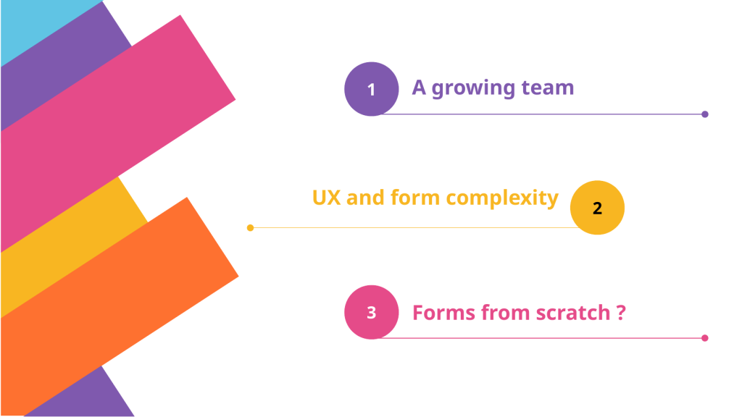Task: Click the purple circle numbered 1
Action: [x=372, y=89]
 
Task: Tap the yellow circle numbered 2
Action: [x=597, y=208]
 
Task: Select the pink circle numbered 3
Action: [x=372, y=312]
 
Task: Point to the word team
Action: [x=548, y=88]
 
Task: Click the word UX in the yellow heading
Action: [x=326, y=198]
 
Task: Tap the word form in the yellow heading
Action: [x=415, y=197]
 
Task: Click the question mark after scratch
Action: [x=621, y=313]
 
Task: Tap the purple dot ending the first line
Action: [x=704, y=114]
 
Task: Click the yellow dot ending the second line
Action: [x=250, y=228]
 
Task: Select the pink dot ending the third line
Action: [x=704, y=338]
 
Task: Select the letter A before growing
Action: [x=419, y=88]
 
